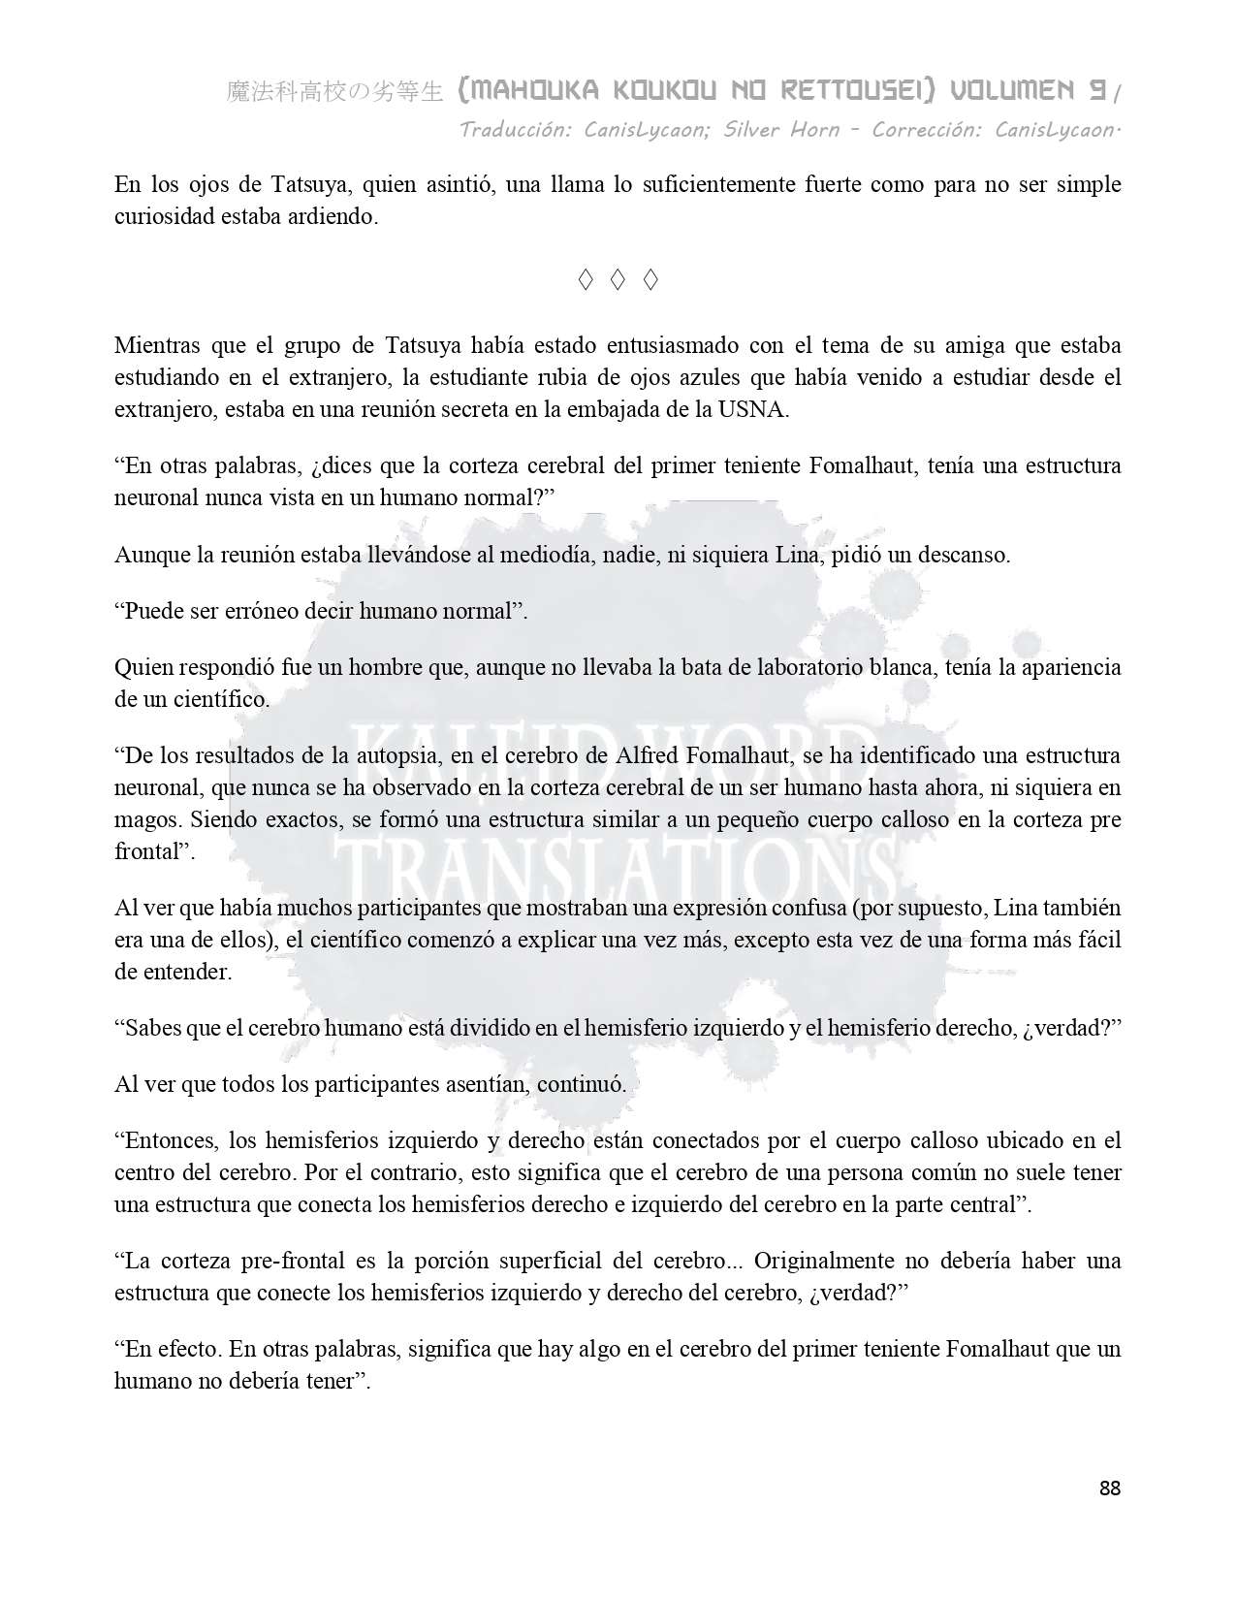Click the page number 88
tap(1110, 1488)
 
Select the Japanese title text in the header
tap(334, 92)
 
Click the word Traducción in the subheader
tap(515, 129)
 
